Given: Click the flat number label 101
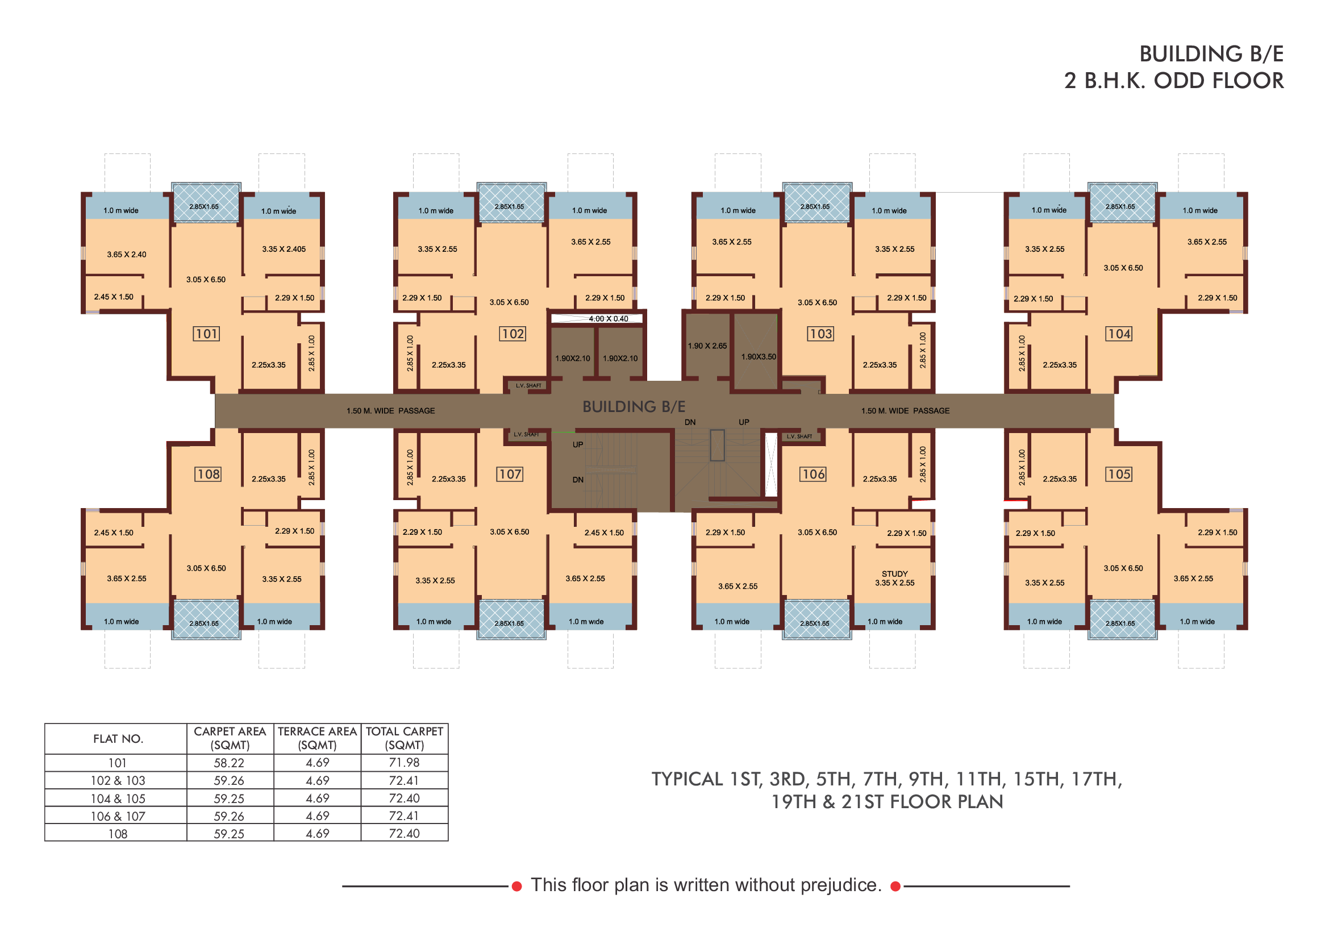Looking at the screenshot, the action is click(206, 334).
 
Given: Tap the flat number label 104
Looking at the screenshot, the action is click(1119, 334).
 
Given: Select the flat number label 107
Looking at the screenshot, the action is click(510, 475).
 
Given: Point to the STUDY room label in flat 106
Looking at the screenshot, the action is click(895, 573).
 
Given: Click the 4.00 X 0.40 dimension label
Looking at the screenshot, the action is click(609, 319).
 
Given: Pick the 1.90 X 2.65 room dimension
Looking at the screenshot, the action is click(707, 346).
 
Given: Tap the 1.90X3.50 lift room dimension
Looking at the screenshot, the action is click(759, 356).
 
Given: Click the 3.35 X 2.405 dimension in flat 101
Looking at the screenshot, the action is click(284, 249).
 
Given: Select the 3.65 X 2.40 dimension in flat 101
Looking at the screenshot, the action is click(127, 255).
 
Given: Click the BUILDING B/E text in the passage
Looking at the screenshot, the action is click(634, 407).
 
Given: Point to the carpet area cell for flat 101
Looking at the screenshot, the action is click(229, 763).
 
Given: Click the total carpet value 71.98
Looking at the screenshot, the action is click(404, 763).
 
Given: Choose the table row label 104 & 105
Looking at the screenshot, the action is click(118, 798).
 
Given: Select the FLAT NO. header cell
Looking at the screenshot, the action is click(118, 739).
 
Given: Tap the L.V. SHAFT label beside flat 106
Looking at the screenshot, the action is click(799, 436).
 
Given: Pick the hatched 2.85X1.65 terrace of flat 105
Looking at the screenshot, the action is click(1122, 620).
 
